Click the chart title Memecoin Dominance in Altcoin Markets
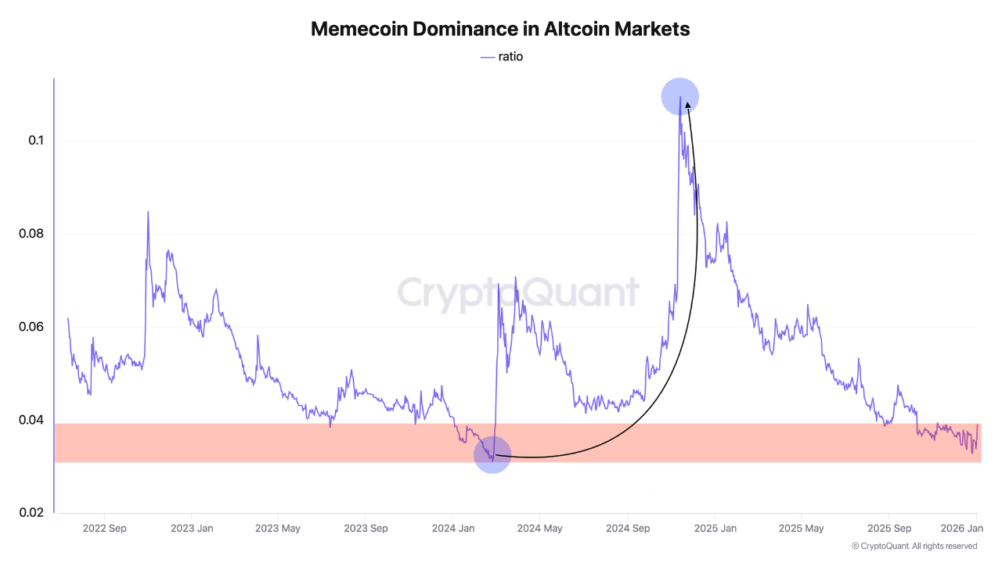pyautogui.click(x=500, y=29)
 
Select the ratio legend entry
pyautogui.click(x=502, y=56)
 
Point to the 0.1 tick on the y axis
pyautogui.click(x=35, y=141)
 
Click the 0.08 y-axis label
pyautogui.click(x=32, y=234)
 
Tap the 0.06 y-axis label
pyautogui.click(x=32, y=327)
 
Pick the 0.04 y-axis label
pyautogui.click(x=32, y=420)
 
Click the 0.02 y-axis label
pyautogui.click(x=32, y=513)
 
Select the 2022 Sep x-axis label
pyautogui.click(x=104, y=528)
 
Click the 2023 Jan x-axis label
pyautogui.click(x=192, y=528)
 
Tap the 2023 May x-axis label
pyautogui.click(x=278, y=528)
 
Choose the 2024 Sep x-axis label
pyautogui.click(x=628, y=528)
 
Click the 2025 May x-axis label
pyautogui.click(x=802, y=528)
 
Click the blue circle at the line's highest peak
pyautogui.click(x=679, y=97)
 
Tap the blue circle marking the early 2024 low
pyautogui.click(x=492, y=454)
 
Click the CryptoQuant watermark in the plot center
pyautogui.click(x=518, y=292)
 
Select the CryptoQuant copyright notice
pyautogui.click(x=914, y=546)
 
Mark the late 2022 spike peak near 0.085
pyautogui.click(x=147, y=213)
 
